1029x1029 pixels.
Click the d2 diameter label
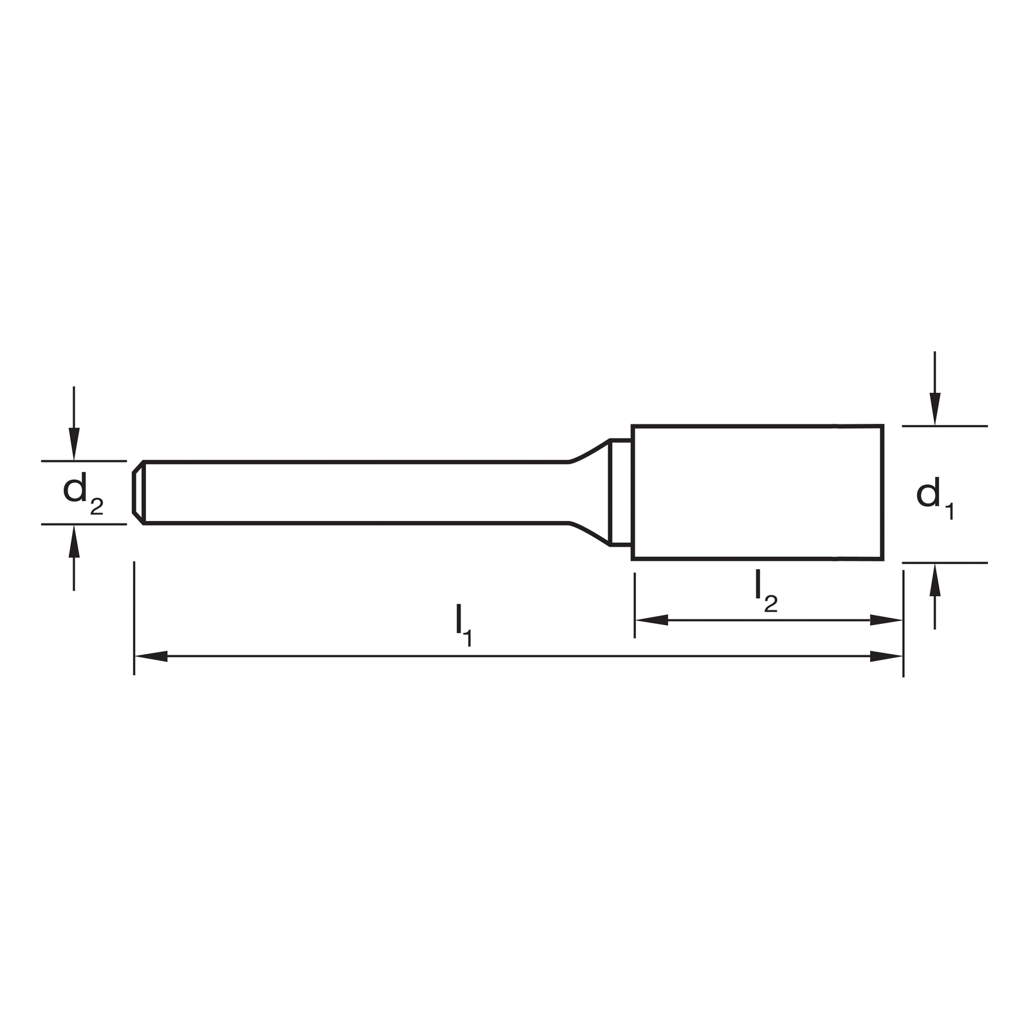tap(83, 494)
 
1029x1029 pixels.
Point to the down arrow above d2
tap(74, 423)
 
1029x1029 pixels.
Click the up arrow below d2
tap(74, 558)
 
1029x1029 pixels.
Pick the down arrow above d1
tap(934, 388)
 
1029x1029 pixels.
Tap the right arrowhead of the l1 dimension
tap(886, 657)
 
